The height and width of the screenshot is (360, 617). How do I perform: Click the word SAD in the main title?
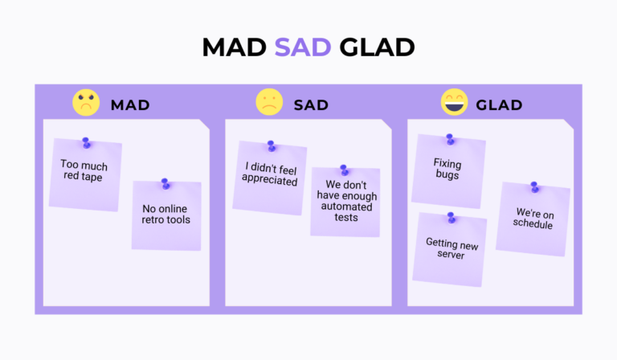302,47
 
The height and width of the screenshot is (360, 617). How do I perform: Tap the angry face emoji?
86,103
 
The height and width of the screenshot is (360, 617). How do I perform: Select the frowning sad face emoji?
269,103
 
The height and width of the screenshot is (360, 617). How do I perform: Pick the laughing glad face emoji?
454,103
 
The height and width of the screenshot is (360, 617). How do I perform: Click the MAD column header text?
130,104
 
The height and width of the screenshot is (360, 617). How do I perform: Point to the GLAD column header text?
499,104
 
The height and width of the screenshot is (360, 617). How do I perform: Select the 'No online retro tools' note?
166,215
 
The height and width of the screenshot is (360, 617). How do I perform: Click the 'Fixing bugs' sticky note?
448,171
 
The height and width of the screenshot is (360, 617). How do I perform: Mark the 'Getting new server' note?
450,249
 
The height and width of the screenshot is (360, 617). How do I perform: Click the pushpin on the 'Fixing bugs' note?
450,139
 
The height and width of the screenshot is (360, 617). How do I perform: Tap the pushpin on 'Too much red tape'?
86,143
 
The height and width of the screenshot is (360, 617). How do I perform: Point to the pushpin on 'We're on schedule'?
533,187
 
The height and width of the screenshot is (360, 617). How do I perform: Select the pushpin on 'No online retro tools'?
165,184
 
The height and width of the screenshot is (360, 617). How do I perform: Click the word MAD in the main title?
235,47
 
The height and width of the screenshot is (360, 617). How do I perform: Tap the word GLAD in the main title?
377,47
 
